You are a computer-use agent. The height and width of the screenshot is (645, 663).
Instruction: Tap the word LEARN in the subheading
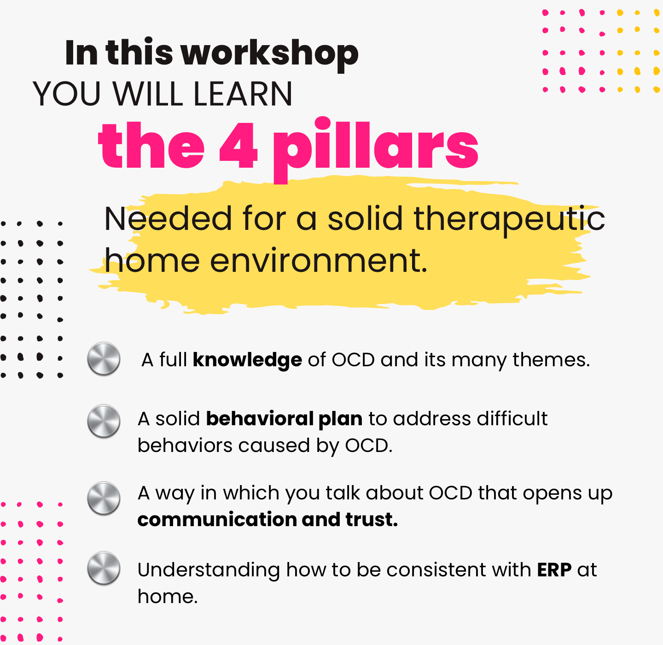[243, 94]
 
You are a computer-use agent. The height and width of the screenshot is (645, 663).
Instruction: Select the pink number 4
[238, 145]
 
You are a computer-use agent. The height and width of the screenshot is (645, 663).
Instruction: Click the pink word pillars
[376, 150]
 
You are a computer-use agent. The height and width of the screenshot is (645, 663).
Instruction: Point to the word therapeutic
[509, 219]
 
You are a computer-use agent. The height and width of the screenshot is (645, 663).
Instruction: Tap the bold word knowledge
[247, 360]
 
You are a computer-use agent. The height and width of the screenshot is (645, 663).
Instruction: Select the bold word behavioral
[260, 419]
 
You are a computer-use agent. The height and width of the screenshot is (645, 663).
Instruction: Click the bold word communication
[217, 520]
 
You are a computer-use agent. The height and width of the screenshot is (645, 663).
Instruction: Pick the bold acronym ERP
[554, 570]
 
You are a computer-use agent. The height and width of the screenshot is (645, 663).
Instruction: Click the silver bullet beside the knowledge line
[104, 359]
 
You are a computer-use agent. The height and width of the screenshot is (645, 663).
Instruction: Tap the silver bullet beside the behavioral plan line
[104, 421]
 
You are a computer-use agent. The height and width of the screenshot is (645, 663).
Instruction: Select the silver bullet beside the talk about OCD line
[104, 498]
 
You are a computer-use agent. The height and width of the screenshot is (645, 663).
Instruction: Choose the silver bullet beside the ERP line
[104, 569]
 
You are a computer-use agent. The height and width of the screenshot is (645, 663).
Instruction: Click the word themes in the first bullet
[551, 360]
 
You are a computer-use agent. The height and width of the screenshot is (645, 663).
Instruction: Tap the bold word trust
[372, 520]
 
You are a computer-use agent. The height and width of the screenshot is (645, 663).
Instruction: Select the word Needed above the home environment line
[168, 219]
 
